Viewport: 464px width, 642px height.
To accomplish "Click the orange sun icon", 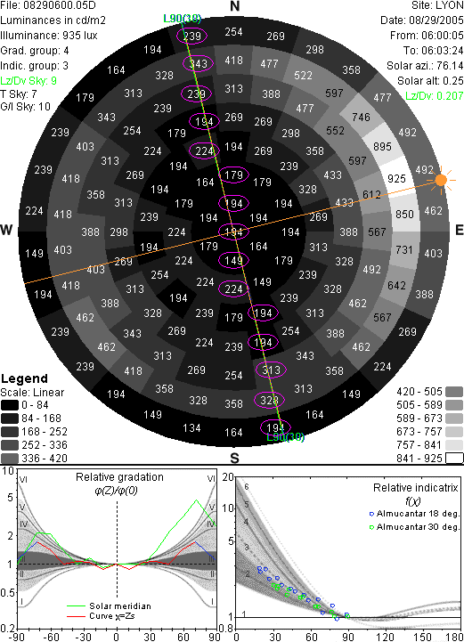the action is [x=441, y=180].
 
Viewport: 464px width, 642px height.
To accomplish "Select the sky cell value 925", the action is [x=396, y=178].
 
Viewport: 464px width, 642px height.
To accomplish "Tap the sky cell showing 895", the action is [x=382, y=146].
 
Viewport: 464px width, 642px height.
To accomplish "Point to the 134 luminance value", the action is [x=191, y=428].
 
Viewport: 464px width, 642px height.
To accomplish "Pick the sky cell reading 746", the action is [x=361, y=118].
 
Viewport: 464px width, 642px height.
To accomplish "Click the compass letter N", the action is [x=235, y=6].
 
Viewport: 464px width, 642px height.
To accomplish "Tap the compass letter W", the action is [x=6, y=230].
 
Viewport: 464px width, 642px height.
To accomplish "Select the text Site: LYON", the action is [x=437, y=5].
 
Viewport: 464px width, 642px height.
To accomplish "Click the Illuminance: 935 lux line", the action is [x=49, y=36].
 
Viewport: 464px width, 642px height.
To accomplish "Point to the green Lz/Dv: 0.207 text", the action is [x=435, y=96].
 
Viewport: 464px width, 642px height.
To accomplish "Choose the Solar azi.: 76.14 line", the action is [x=425, y=66].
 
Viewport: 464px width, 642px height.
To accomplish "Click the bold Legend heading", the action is [x=24, y=378].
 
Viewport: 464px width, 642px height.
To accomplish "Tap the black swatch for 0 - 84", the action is [x=10, y=405].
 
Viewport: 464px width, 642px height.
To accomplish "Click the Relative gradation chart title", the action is [x=119, y=477].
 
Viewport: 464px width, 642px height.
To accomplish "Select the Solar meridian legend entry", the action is [x=109, y=606].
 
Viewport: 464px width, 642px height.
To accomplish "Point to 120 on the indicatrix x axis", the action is [x=386, y=637].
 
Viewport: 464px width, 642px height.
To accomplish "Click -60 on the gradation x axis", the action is [x=52, y=637].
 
